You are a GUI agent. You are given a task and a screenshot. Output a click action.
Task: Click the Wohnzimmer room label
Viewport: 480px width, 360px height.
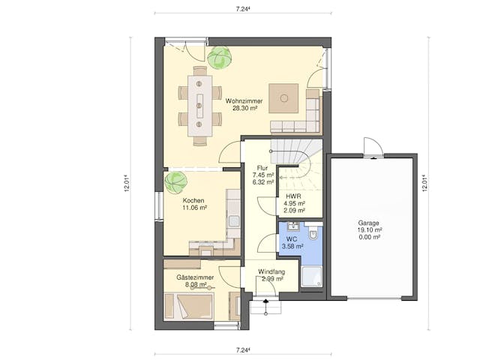click(x=244, y=100)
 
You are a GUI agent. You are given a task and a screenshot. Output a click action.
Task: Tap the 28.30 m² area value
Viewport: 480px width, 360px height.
click(x=245, y=108)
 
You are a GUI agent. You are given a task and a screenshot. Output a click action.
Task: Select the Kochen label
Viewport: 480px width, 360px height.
click(x=193, y=200)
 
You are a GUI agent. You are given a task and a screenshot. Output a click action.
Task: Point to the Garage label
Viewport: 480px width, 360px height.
click(x=369, y=223)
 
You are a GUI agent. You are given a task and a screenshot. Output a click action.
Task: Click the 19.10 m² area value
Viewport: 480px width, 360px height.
click(x=370, y=230)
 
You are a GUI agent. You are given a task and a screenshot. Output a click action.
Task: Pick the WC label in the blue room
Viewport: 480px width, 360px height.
click(x=292, y=239)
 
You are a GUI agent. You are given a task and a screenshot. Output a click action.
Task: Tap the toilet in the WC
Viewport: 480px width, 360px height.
click(x=313, y=233)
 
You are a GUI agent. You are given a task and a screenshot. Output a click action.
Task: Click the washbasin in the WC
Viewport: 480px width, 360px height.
click(x=294, y=226)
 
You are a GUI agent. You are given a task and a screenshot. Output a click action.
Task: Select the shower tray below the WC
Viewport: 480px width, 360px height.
click(x=312, y=277)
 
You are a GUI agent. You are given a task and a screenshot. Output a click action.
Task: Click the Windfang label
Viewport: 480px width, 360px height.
click(x=271, y=271)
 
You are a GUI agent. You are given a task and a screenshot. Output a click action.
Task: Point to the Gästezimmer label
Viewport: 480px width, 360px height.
click(x=195, y=277)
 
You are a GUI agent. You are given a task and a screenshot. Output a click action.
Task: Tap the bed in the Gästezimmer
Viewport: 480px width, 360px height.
click(x=188, y=307)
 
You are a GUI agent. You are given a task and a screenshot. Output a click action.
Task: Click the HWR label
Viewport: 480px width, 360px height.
click(x=293, y=196)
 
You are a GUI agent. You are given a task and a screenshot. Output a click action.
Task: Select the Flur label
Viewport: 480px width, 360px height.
click(x=262, y=168)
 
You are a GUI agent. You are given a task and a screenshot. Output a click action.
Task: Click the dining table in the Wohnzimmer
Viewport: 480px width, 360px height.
click(x=200, y=106)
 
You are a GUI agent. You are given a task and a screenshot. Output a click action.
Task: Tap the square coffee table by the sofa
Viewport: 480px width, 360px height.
click(x=283, y=98)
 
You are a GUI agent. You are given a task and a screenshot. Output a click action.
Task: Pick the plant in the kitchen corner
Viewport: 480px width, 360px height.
click(x=175, y=182)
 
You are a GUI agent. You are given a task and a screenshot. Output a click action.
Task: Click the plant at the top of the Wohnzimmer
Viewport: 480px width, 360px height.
click(x=219, y=58)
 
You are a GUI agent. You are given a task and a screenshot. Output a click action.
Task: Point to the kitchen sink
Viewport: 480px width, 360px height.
click(x=235, y=221)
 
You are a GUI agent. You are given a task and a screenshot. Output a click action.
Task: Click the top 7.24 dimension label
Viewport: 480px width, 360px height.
click(x=243, y=9)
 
